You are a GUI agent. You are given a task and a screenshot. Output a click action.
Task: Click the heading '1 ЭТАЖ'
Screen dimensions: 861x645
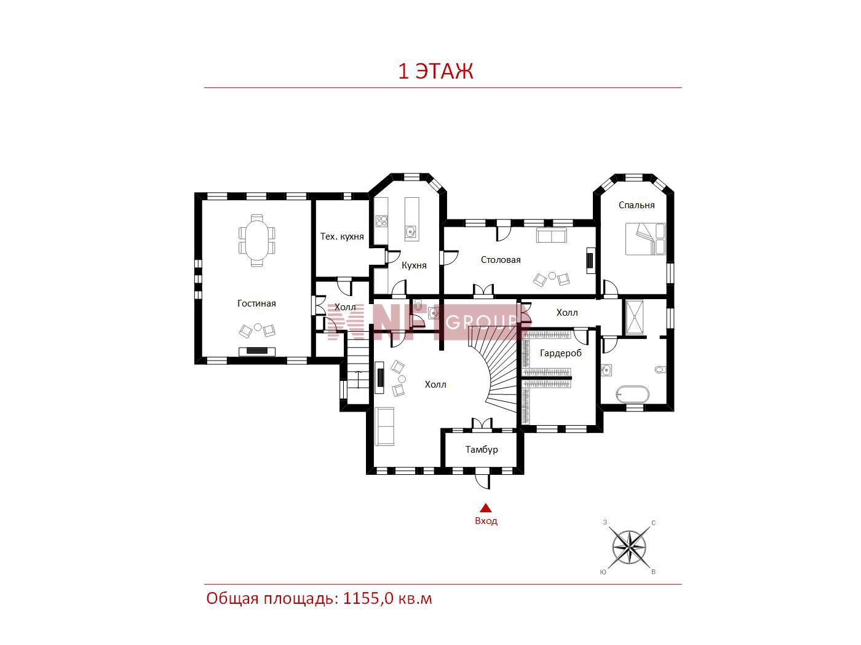(435, 71)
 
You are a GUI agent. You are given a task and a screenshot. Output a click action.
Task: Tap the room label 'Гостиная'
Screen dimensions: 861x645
(256, 303)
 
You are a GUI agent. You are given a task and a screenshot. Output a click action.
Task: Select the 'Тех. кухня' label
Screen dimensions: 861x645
(342, 236)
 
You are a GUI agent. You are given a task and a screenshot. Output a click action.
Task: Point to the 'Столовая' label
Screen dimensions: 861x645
(501, 260)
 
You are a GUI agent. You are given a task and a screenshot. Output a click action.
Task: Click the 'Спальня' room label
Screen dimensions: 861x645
(637, 205)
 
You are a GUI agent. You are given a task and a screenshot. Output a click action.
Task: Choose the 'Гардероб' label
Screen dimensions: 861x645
(560, 353)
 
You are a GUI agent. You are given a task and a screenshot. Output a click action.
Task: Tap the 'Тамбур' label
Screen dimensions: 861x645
(482, 449)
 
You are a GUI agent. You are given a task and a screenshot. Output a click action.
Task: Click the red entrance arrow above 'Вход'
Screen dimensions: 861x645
(486, 507)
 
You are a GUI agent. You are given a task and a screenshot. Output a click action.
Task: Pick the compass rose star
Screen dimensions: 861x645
(629, 547)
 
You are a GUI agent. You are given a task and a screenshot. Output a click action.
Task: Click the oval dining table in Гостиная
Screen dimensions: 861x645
(256, 240)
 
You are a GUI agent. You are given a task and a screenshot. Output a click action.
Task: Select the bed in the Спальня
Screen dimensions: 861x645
(645, 239)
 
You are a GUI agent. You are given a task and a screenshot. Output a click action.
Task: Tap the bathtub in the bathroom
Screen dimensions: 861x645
(632, 394)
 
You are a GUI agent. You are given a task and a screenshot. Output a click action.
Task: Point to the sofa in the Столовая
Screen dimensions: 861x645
(552, 236)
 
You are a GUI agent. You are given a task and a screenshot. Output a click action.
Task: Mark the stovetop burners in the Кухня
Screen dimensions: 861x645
(381, 221)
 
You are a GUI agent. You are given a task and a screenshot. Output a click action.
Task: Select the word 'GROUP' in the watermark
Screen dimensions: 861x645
(481, 322)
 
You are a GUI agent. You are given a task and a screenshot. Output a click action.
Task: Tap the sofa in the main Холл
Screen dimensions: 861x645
(384, 426)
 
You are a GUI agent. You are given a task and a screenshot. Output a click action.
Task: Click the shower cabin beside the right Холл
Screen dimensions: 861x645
(634, 317)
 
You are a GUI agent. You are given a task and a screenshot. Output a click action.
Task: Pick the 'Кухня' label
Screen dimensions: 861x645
(414, 265)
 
